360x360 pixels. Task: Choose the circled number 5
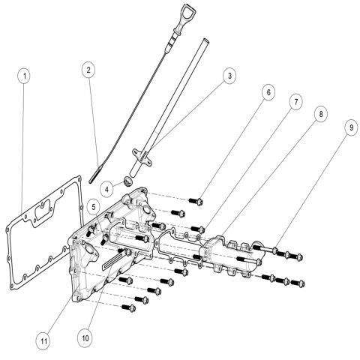(x=91, y=204)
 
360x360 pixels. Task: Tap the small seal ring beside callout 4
(x=128, y=181)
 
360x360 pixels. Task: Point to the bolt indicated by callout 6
(x=196, y=199)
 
